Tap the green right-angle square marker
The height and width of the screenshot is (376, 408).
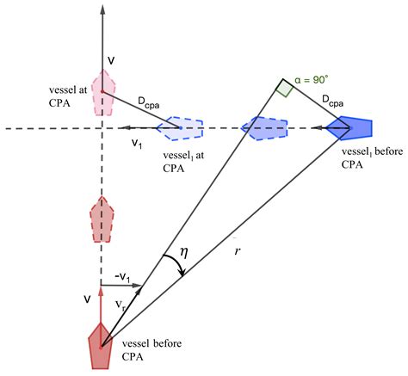coord(285,89)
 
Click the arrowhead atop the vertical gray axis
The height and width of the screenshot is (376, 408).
coord(102,9)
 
